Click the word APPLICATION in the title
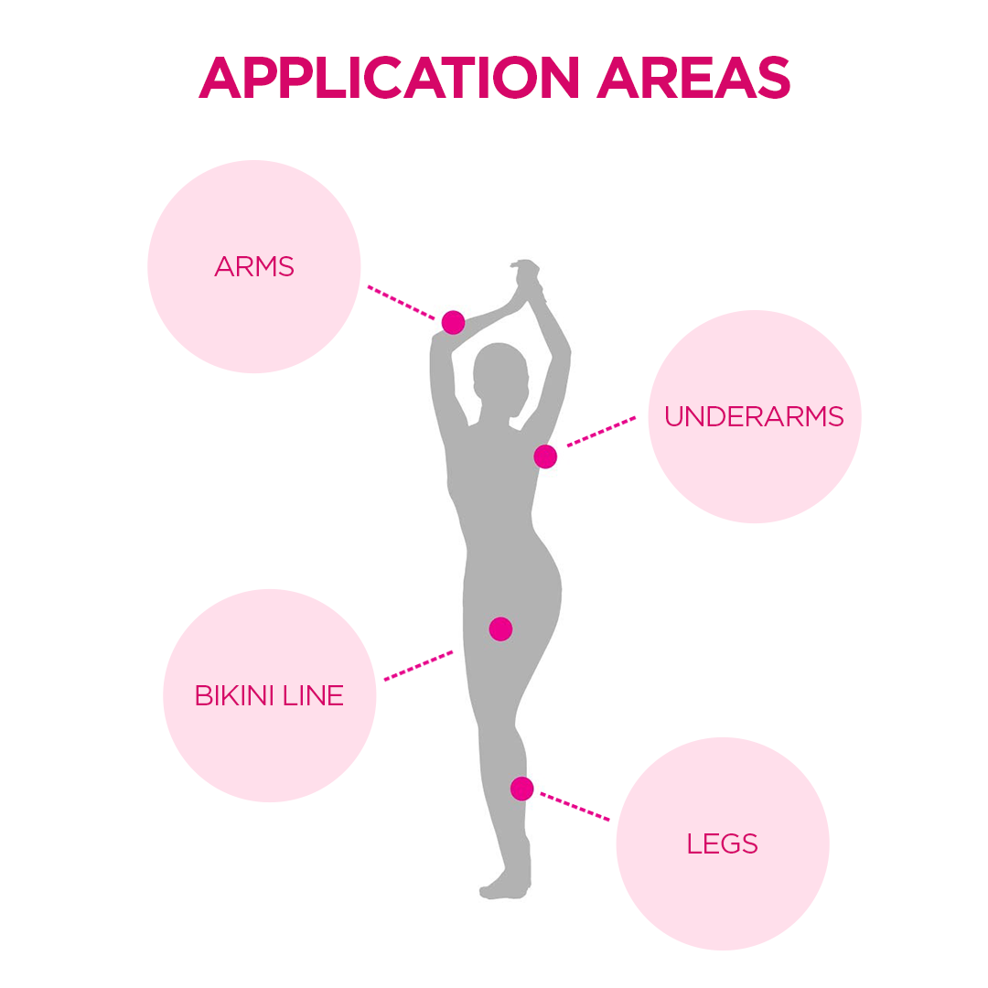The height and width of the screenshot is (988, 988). (x=389, y=78)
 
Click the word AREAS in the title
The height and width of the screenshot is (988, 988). (x=693, y=78)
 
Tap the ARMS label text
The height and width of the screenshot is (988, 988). (x=254, y=266)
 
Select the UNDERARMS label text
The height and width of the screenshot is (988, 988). (x=754, y=416)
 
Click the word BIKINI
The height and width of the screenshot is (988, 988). (x=235, y=695)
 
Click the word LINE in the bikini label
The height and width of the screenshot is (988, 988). (x=313, y=695)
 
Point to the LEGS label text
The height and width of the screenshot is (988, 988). (x=722, y=843)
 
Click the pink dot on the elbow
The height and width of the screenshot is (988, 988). (x=453, y=323)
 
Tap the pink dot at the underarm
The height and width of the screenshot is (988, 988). (x=545, y=456)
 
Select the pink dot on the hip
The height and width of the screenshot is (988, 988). (x=501, y=628)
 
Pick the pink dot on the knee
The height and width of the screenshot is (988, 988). (x=521, y=789)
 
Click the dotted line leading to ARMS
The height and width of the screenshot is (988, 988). (x=402, y=303)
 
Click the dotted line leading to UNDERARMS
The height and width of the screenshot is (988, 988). (x=601, y=431)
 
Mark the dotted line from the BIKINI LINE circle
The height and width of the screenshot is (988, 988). (x=418, y=666)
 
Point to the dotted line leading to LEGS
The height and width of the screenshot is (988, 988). (x=575, y=807)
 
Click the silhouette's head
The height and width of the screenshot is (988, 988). (x=499, y=378)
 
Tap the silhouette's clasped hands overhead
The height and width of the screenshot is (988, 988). (x=527, y=278)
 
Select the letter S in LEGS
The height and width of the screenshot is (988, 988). (x=748, y=843)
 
